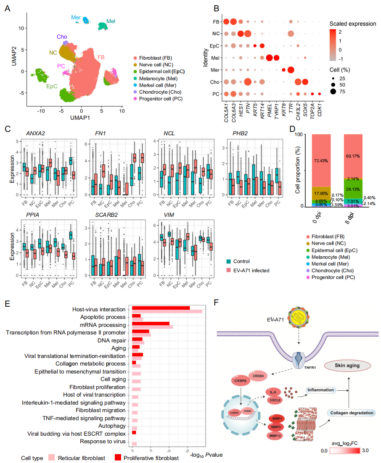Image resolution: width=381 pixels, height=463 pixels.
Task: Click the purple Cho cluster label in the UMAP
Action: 62,37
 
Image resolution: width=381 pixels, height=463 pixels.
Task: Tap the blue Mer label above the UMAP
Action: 76,17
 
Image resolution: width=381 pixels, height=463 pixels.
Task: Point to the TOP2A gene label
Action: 312,113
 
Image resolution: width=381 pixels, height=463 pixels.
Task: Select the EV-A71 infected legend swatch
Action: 229,270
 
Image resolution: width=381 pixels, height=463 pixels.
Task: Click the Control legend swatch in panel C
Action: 229,261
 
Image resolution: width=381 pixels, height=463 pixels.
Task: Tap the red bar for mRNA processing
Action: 151,324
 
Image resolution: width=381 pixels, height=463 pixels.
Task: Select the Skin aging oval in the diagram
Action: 347,366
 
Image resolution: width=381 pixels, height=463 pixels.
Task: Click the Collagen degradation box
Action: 352,413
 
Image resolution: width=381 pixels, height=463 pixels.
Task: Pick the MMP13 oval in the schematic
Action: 276,435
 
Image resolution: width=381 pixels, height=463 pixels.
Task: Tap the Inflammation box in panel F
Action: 320,390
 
